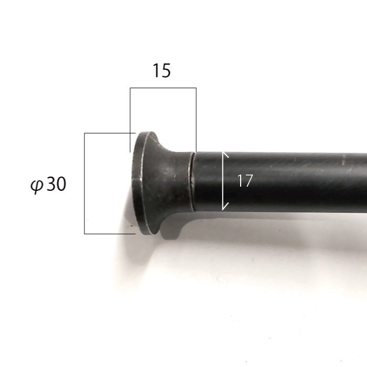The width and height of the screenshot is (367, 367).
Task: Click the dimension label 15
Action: pyautogui.click(x=161, y=70)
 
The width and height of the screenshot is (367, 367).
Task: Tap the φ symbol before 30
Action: pyautogui.click(x=37, y=185)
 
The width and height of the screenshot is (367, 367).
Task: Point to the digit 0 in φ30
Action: pyautogui.click(x=61, y=184)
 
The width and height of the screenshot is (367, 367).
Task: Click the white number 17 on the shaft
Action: pyautogui.click(x=245, y=180)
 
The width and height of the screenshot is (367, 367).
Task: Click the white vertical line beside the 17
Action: pyautogui.click(x=223, y=181)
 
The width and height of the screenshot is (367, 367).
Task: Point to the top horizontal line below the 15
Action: pyautogui.click(x=163, y=88)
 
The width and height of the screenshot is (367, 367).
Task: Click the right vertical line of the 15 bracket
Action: pyautogui.click(x=196, y=120)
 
